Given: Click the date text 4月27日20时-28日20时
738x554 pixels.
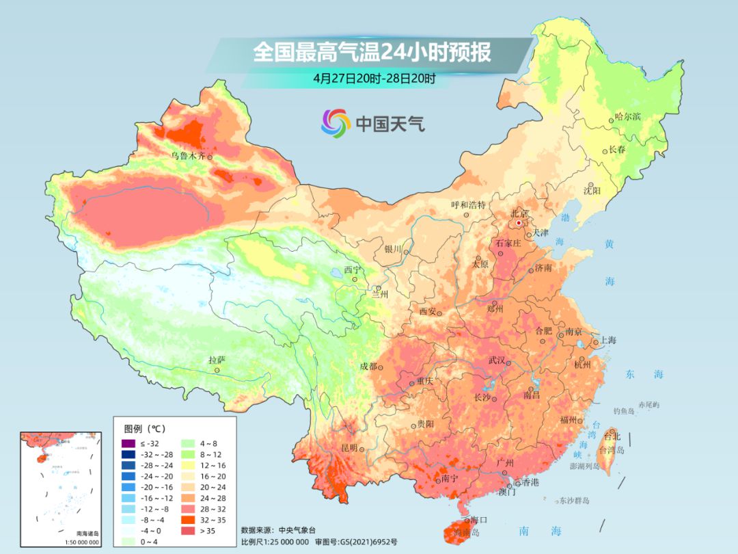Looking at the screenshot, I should pos(374,78).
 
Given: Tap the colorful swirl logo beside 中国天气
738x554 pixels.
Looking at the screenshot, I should pos(336,123).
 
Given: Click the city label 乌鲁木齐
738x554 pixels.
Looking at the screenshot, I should pos(188,157).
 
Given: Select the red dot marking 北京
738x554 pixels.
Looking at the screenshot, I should pos(519,223).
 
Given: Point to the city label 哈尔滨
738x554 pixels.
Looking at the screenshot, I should pos(628,117).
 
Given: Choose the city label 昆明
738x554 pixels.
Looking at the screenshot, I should pos(348,448).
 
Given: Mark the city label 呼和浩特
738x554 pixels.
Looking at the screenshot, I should pos(468,205).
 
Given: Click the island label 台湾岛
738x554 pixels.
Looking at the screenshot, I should pos(612,451).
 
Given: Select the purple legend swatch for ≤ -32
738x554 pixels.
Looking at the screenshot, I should pos(126,444).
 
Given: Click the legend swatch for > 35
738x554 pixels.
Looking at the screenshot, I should pos(186,531).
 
